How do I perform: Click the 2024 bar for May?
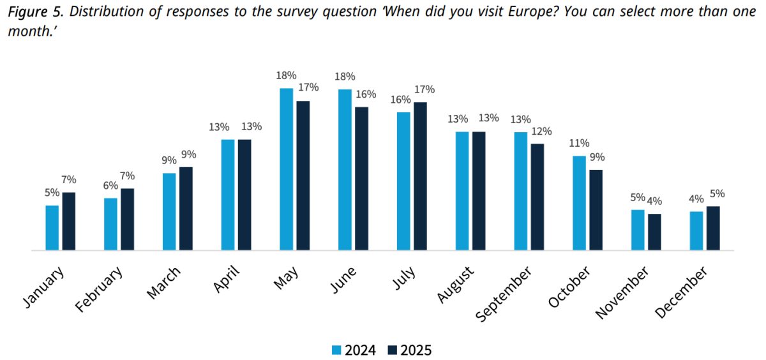point(286,169)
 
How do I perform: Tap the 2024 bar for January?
point(52,228)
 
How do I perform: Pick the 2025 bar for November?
point(654,232)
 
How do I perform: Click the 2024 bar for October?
point(579,203)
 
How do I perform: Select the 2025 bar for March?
point(186,209)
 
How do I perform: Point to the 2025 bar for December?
point(713,228)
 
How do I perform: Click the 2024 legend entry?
point(354,350)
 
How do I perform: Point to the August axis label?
point(456,285)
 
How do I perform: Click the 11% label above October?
point(579,143)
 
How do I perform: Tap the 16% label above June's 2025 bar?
point(366,94)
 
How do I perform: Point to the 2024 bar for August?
point(462,191)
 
